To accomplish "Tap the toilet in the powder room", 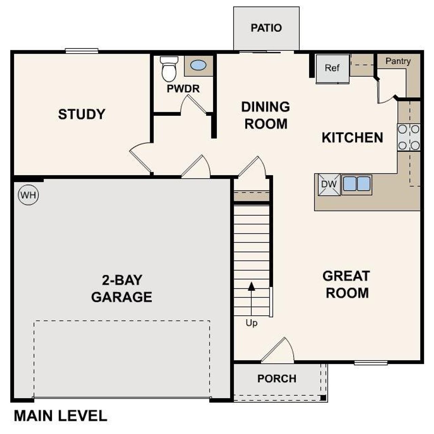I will pos(169,70).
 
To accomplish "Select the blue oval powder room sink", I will pos(198,65).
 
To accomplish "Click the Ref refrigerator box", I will pos(332,68).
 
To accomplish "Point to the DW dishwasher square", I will pos(329,184).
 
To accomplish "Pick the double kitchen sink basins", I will pos(356,184).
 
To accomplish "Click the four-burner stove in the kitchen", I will pos(409,137).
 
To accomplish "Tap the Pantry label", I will pos(398,61).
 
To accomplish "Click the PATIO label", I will pos(266,28).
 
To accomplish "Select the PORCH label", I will pos(277,378).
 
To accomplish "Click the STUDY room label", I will pos(82,114).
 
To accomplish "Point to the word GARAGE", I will pos(121,297).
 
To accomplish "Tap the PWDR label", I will pos(183,89).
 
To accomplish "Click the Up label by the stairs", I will pos(252,323).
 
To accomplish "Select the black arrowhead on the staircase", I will pos(251,287).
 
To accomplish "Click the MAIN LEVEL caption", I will pos(60,416).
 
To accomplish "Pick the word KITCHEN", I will pos(352,138).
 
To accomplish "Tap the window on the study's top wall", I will pos(82,51).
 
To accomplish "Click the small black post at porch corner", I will pos(323,397).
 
